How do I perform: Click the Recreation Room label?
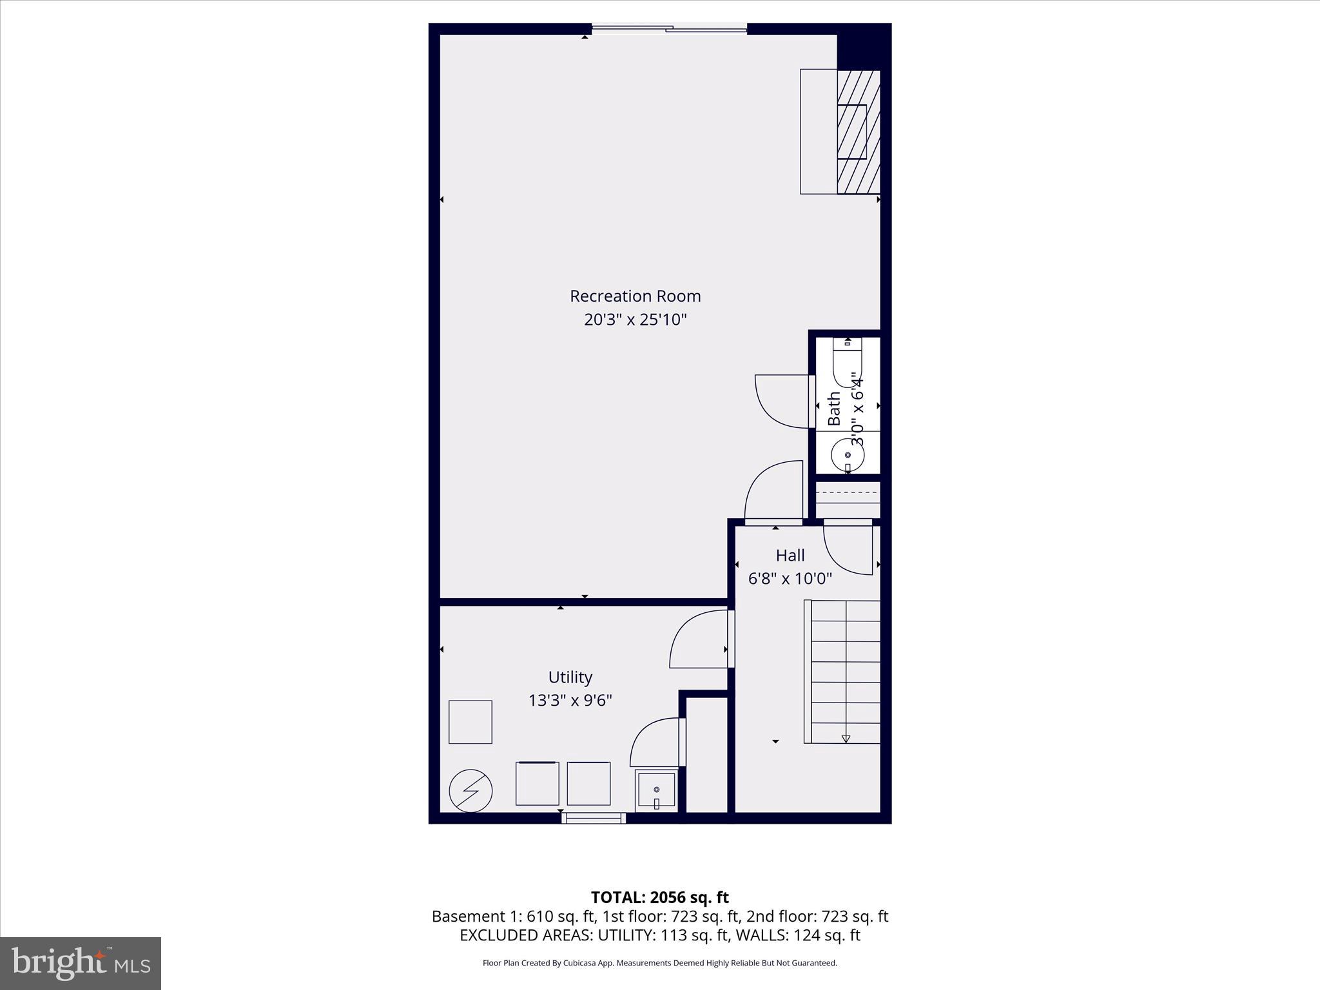click(x=635, y=296)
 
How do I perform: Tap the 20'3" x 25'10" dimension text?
click(x=635, y=320)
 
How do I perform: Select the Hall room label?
click(x=790, y=555)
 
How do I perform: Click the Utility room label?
click(x=570, y=677)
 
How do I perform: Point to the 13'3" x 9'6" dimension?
click(x=570, y=700)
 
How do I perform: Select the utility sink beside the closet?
click(x=656, y=791)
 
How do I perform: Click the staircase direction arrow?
click(x=846, y=739)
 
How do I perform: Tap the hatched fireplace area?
click(x=859, y=131)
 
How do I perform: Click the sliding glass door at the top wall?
click(x=669, y=28)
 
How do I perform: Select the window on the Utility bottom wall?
click(x=593, y=818)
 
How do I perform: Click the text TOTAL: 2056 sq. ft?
click(x=659, y=897)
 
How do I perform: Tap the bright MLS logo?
click(x=81, y=963)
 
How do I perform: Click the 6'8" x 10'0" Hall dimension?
click(x=790, y=579)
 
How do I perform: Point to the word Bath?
click(x=834, y=408)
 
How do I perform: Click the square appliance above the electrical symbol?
click(x=471, y=722)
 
